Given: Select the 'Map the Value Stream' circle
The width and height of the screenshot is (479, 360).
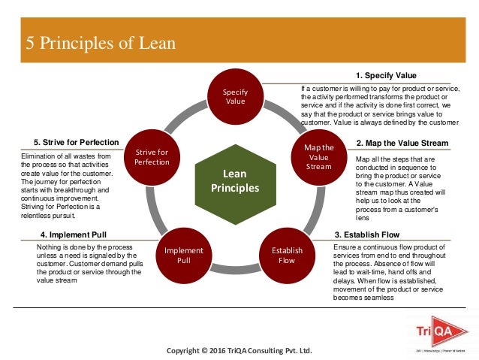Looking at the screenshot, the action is (x=318, y=157).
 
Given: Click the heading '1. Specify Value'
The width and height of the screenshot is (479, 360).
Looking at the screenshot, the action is (x=386, y=76).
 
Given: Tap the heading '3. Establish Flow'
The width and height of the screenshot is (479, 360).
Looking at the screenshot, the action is (x=369, y=234).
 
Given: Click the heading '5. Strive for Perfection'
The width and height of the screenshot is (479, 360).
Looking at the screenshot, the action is (x=76, y=143).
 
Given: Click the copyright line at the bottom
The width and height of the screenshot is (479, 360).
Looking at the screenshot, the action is (x=238, y=351).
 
